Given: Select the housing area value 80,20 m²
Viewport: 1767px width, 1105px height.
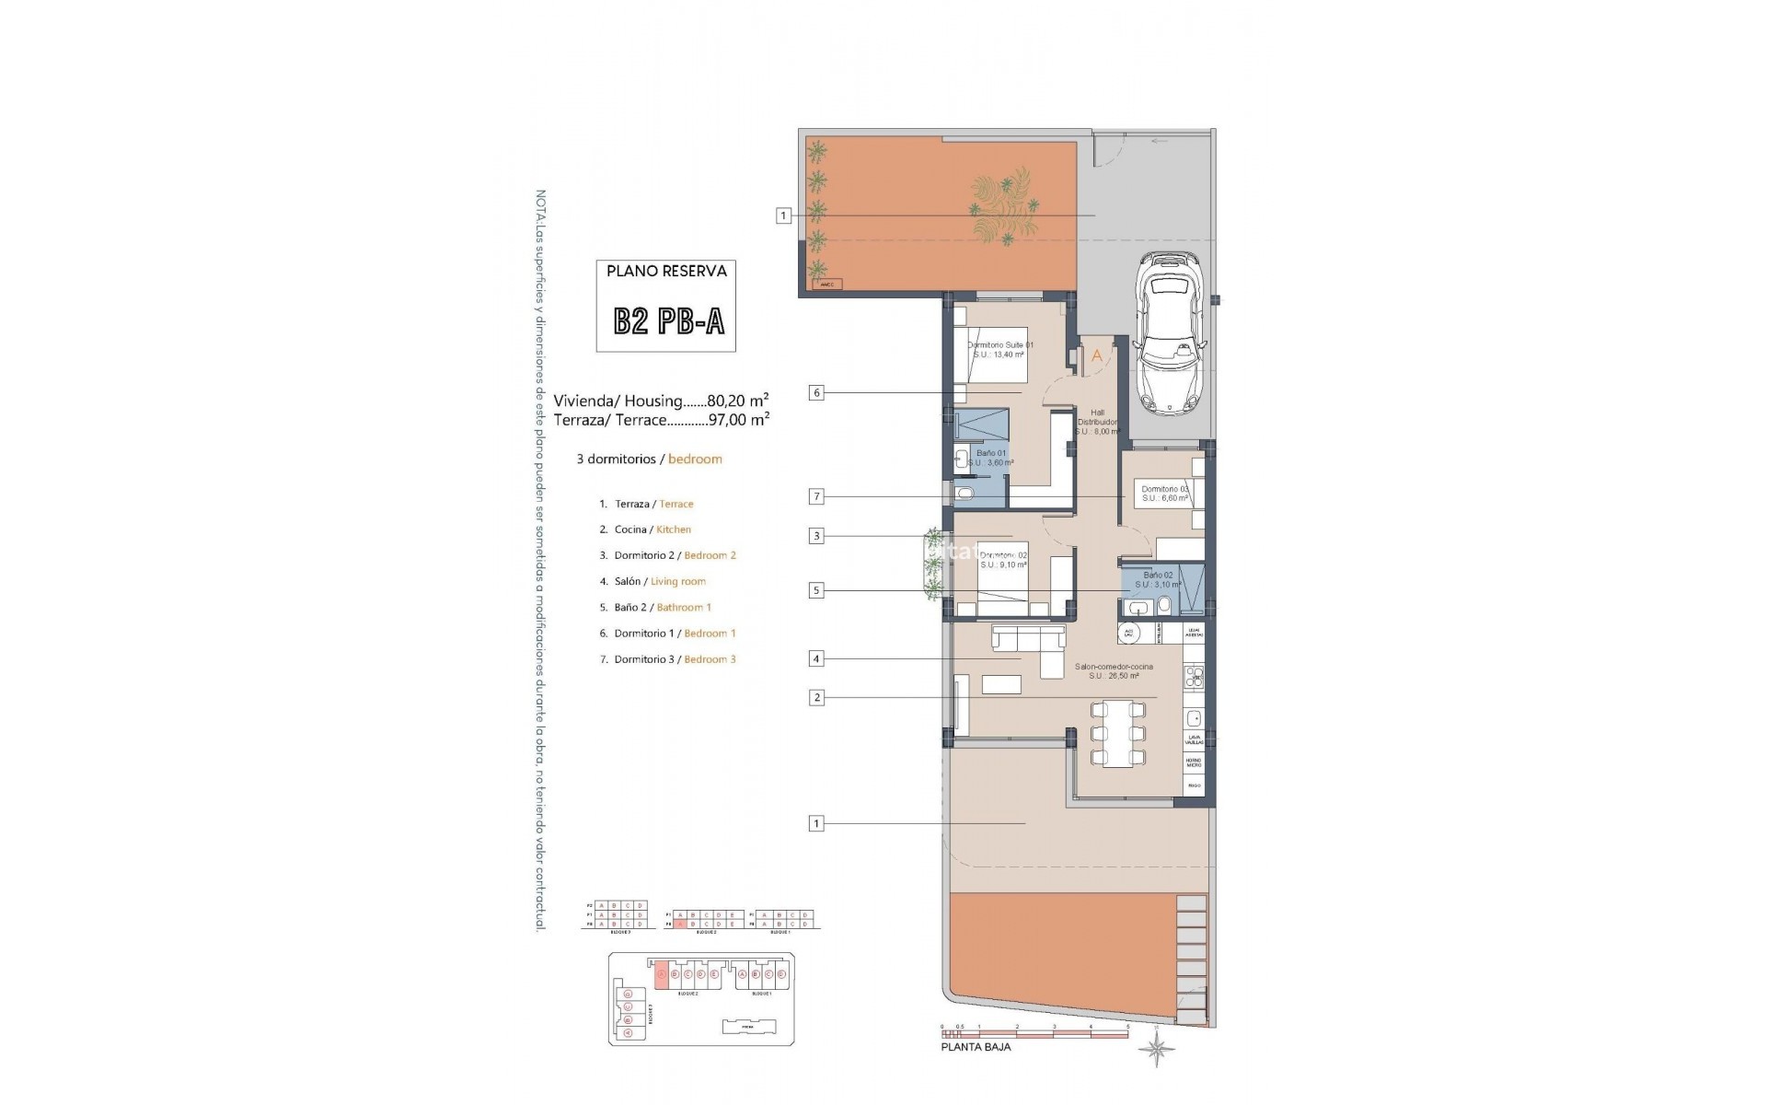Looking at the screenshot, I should (738, 401).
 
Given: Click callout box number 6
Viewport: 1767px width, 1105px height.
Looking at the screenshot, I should (815, 393).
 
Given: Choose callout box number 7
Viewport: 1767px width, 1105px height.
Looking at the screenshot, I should (815, 497).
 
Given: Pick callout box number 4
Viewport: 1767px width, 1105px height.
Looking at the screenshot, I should (815, 658).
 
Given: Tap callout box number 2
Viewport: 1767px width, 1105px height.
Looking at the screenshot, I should (815, 698).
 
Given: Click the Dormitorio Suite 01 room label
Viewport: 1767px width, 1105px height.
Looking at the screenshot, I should (1000, 349).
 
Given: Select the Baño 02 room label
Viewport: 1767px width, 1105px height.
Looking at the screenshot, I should (1158, 579).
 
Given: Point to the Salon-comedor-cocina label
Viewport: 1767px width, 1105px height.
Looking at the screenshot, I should (1114, 670).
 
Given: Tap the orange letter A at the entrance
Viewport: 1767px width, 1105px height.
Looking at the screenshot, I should (1096, 355).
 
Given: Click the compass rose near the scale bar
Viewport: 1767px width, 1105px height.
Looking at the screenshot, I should (1156, 1049).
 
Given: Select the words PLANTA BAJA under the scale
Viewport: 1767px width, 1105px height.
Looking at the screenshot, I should (976, 1047).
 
